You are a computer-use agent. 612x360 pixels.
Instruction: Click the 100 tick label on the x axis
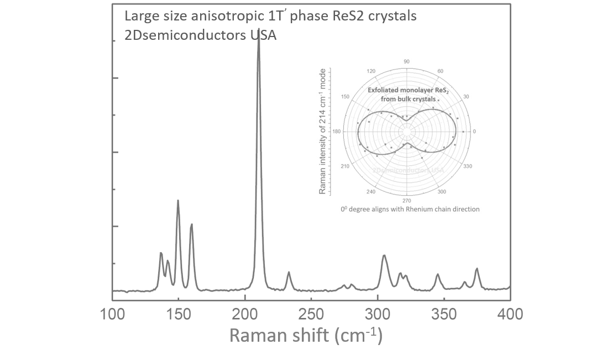112,314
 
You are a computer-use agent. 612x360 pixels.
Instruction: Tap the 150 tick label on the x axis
178,314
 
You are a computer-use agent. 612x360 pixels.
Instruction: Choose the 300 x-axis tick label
377,314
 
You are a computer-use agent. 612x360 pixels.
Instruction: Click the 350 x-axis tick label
443,314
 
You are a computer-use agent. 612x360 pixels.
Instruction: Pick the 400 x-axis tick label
510,314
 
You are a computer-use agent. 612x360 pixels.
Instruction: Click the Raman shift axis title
306,336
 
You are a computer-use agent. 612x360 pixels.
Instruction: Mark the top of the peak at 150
178,200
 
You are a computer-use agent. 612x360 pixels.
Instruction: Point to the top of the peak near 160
191,225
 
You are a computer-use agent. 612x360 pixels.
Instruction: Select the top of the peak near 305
384,255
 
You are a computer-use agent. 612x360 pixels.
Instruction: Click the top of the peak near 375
477,269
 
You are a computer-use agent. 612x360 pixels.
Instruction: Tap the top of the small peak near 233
289,272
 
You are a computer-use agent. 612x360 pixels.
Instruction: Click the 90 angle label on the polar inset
406,61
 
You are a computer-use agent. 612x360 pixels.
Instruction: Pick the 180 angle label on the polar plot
336,132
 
